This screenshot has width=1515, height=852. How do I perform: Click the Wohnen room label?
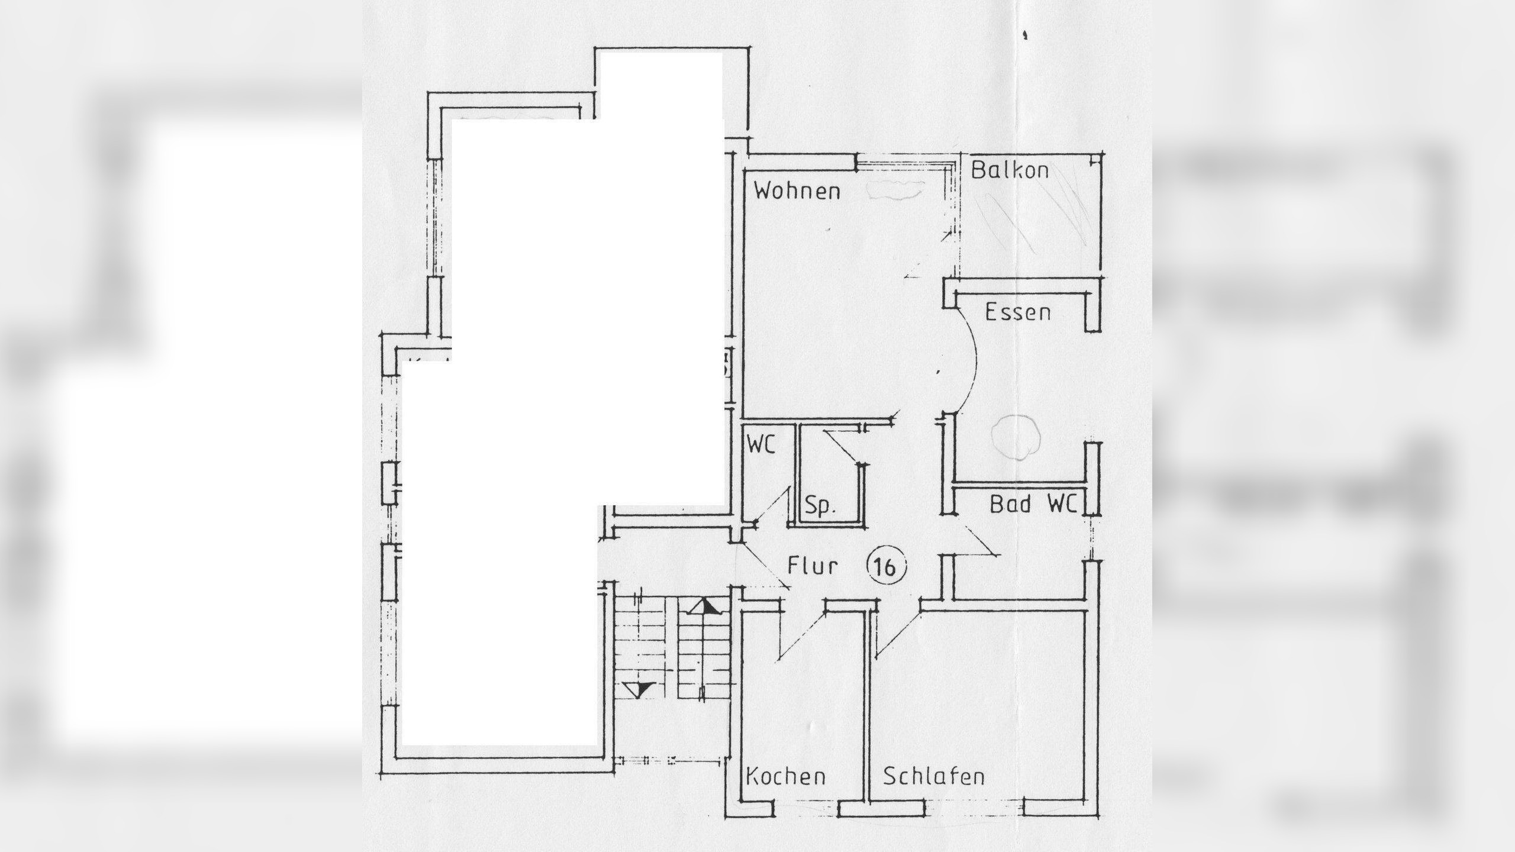[797, 192]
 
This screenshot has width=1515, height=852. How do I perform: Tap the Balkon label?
[1010, 170]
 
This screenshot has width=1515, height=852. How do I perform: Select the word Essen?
[1017, 312]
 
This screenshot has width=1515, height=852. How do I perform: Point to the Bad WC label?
[1033, 505]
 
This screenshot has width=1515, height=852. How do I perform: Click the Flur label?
[813, 566]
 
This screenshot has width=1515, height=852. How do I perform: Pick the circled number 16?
[886, 567]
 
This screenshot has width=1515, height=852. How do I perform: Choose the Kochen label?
[785, 777]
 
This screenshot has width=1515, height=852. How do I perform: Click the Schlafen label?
[934, 777]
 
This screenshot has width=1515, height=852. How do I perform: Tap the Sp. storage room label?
[820, 507]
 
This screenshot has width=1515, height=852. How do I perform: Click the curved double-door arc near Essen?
[971, 361]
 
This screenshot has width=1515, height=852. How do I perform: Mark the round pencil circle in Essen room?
[1016, 437]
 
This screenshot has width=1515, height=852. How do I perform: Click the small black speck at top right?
[1025, 35]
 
